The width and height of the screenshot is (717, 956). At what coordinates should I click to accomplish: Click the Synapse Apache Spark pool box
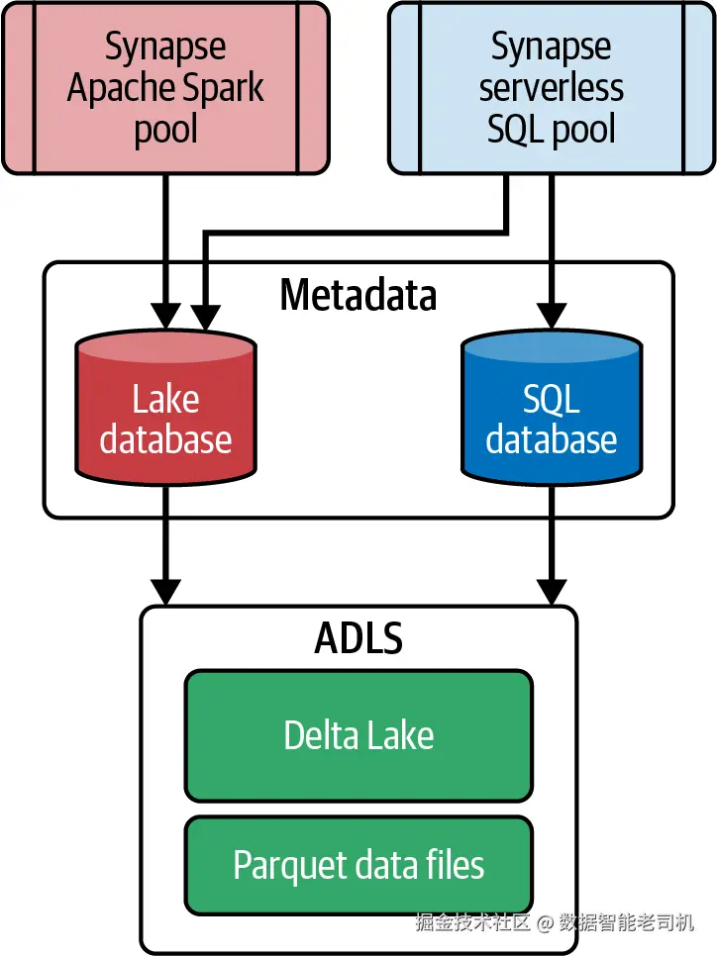pos(165,88)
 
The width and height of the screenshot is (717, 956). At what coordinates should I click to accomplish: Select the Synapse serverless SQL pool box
pos(552,88)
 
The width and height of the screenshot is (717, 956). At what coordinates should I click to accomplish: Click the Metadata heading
pos(358,295)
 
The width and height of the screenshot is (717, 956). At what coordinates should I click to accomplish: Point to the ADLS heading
pos(358,638)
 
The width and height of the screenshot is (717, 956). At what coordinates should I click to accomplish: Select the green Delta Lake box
pos(358,735)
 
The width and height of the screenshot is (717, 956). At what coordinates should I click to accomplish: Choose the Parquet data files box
pos(358,865)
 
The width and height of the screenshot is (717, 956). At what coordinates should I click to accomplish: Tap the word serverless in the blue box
pos(552,88)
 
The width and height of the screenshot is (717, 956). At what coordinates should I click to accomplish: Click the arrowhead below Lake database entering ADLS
pos(165,591)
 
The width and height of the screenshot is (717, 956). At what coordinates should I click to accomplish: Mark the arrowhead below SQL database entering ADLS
pos(552,591)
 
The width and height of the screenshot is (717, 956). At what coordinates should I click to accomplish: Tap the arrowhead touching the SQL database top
pos(552,316)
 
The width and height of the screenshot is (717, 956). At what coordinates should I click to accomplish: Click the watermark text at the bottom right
pos(555,922)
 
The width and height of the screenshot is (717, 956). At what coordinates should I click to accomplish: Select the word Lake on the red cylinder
pos(165,400)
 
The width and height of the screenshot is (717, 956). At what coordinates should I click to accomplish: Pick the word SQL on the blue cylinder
pos(552,400)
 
